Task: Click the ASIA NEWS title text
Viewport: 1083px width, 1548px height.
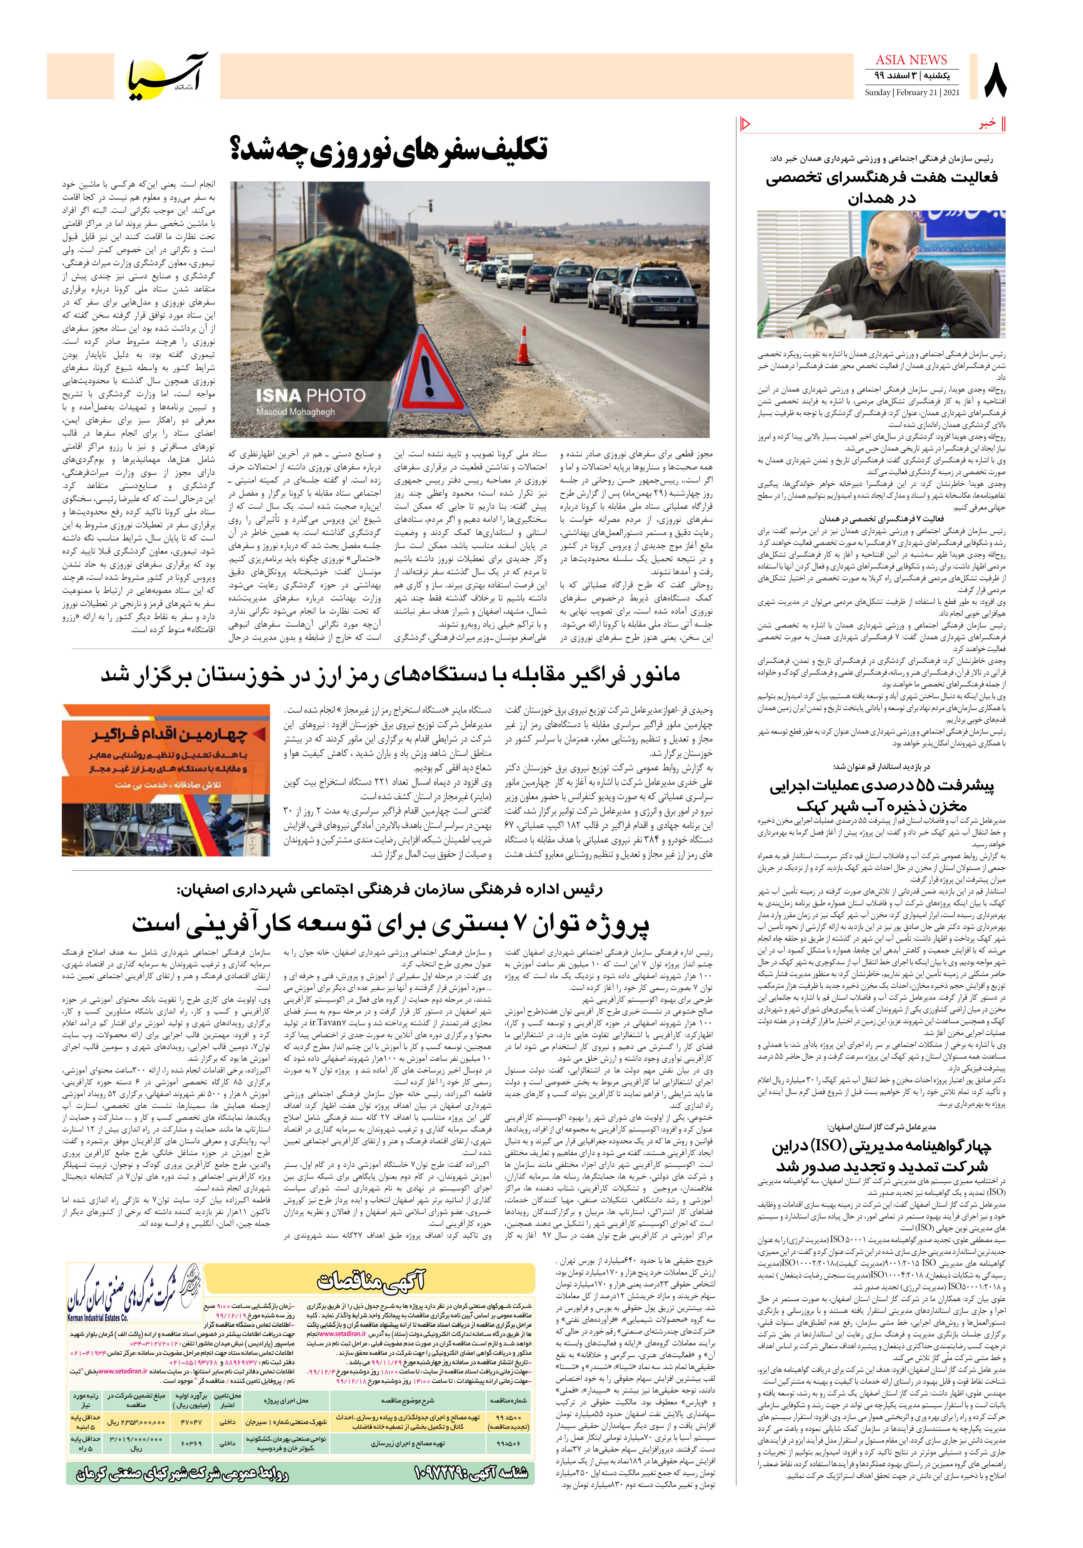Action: click(x=911, y=60)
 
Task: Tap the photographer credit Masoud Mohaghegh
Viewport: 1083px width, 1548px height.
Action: click(x=295, y=412)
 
